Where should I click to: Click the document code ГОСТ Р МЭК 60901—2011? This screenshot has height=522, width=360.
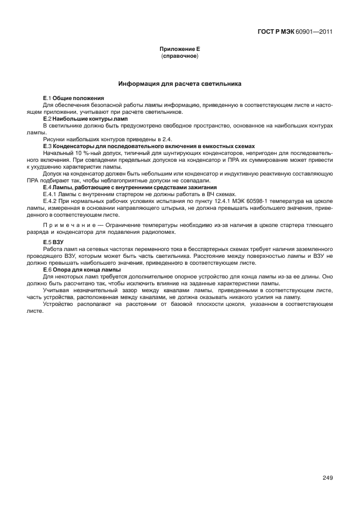295,31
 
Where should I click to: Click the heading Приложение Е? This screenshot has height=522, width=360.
179,50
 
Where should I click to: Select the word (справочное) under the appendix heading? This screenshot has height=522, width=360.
179,57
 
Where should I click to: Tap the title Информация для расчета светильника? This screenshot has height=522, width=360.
179,84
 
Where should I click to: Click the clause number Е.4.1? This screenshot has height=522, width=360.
51,194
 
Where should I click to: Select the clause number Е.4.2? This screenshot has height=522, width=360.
51,201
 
